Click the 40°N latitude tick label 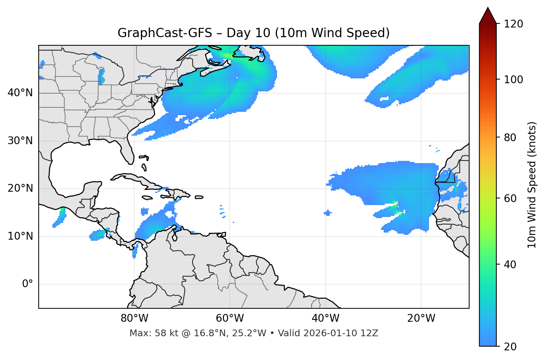[x=20, y=93]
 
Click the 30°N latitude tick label [x=20, y=141]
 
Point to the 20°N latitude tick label [x=20, y=188]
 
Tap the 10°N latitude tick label [x=20, y=236]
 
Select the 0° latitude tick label [x=27, y=284]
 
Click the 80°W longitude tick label [x=134, y=318]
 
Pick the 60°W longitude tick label [x=230, y=318]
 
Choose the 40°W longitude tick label [x=325, y=318]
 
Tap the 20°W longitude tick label [x=421, y=318]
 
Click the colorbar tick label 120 [x=513, y=24]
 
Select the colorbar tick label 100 [x=513, y=80]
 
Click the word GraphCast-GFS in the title [x=165, y=33]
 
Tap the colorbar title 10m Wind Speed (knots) [x=532, y=185]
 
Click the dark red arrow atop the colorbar [x=488, y=16]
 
